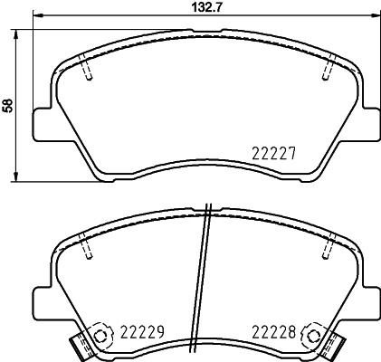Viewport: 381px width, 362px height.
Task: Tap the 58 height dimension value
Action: pos(8,105)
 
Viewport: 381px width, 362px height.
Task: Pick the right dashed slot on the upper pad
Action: pos(329,69)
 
